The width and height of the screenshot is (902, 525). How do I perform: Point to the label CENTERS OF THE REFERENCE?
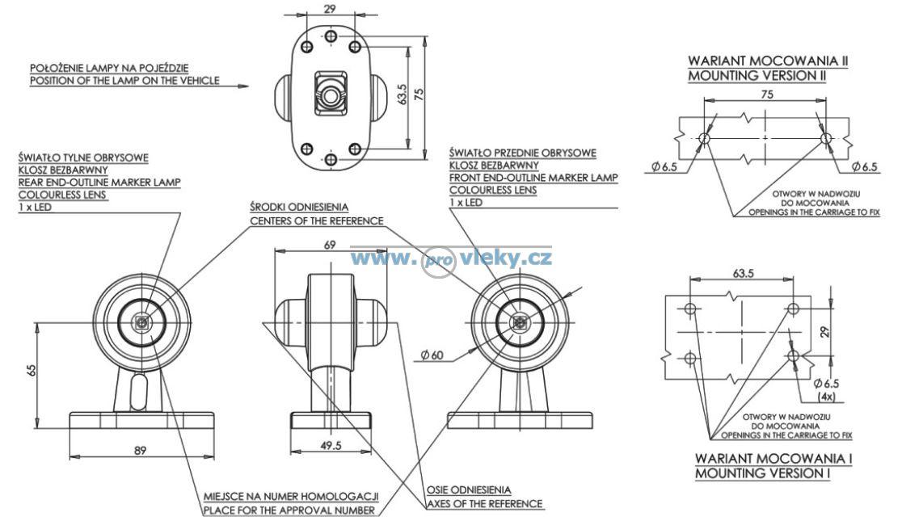(x=316, y=220)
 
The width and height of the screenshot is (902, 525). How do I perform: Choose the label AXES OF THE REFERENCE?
(x=484, y=504)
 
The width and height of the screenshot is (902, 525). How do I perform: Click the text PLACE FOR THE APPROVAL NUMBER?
(x=290, y=510)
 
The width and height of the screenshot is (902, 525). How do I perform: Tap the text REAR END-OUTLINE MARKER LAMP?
(x=99, y=182)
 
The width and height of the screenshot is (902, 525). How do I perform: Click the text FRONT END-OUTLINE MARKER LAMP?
(x=533, y=177)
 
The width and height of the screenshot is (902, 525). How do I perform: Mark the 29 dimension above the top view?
(x=329, y=10)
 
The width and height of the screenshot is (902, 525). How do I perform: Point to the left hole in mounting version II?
(x=704, y=139)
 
